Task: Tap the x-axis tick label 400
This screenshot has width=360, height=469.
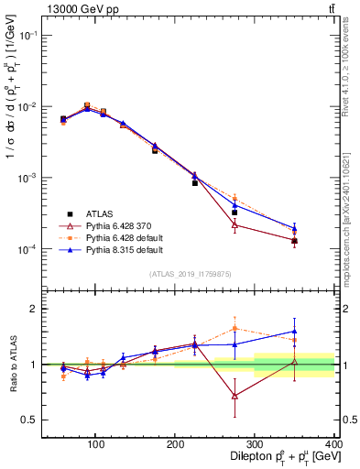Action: point(333,444)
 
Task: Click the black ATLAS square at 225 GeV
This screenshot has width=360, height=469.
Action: point(195,183)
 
